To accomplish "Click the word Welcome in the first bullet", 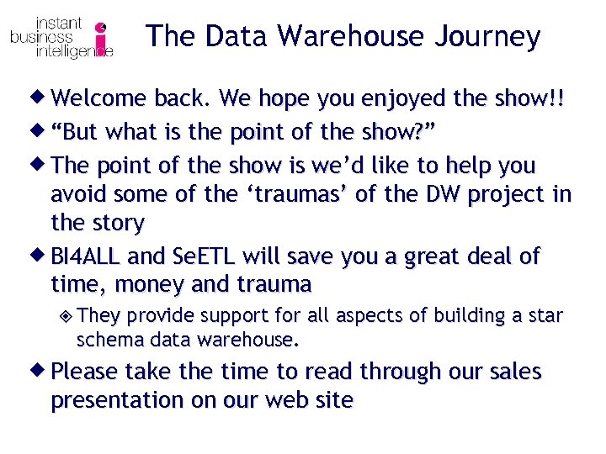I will (x=98, y=99).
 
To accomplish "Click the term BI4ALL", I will (x=89, y=256).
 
